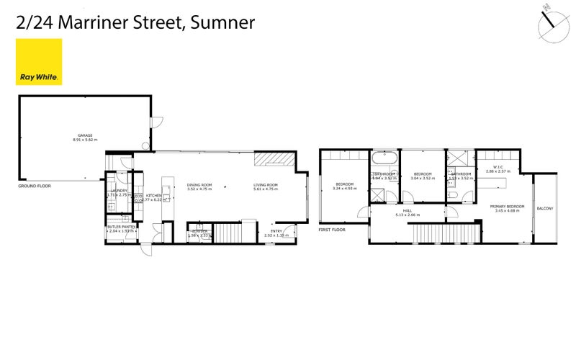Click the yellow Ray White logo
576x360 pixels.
click(x=39, y=62)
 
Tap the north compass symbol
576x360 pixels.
click(x=552, y=21)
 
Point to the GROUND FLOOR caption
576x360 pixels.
click(x=35, y=186)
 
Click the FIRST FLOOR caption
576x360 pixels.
click(x=332, y=230)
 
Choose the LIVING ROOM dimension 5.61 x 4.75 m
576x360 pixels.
click(x=265, y=189)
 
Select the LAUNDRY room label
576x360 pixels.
click(x=117, y=191)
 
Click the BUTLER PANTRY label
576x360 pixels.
click(x=121, y=227)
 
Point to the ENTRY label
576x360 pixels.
click(x=276, y=231)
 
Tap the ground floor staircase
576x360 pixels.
click(x=231, y=233)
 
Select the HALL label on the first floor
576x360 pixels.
click(x=408, y=210)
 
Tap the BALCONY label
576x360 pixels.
click(x=545, y=209)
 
